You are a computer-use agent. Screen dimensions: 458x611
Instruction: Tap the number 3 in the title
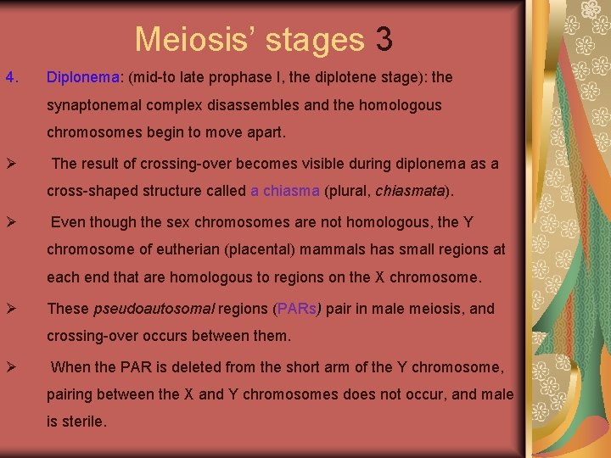(x=384, y=39)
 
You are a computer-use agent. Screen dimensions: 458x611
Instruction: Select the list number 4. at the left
(x=11, y=77)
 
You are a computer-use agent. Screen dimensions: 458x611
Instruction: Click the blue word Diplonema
(x=83, y=77)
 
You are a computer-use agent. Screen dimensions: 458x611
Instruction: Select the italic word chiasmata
(x=410, y=191)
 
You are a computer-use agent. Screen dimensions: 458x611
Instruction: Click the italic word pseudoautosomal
(x=154, y=309)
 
